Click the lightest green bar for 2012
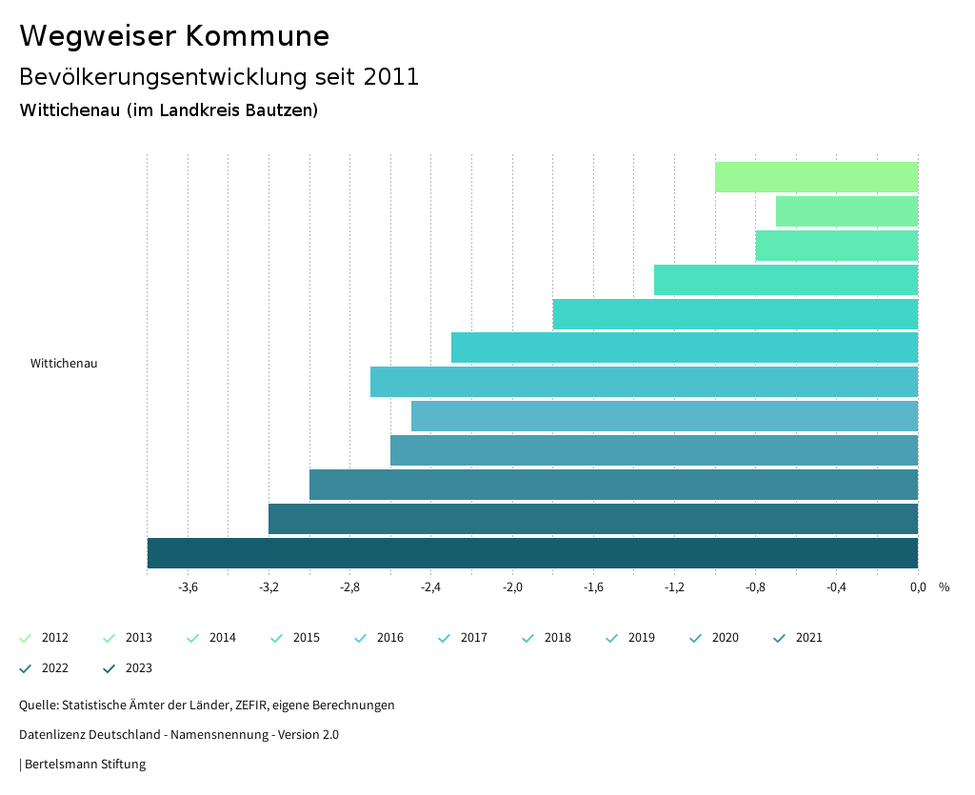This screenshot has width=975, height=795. coord(816,177)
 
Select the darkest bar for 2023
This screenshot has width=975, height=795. coord(532,553)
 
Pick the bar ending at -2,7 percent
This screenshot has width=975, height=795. coord(644,382)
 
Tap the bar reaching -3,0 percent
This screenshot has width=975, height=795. coord(613,485)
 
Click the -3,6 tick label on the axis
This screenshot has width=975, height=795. coord(188,587)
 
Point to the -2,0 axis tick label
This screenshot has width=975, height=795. coord(512,587)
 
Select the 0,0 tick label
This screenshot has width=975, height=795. coord(918,587)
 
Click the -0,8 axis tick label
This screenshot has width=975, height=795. coord(755,587)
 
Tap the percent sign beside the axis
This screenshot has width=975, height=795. coord(944,587)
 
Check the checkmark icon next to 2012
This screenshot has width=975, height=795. coord(26,638)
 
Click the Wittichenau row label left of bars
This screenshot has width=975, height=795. coord(64,364)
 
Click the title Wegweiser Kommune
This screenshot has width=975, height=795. coord(174,36)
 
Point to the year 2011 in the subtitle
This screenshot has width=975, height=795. coord(390,77)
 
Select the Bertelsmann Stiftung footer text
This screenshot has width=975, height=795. coord(85,764)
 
